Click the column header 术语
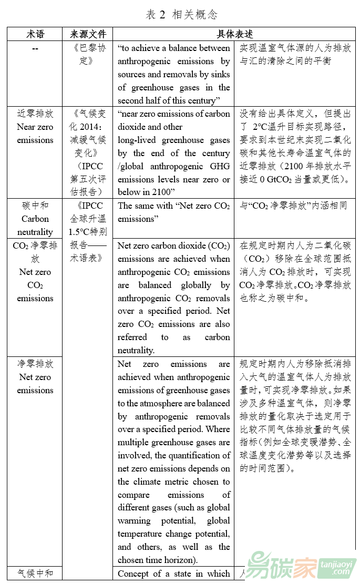(x=35, y=34)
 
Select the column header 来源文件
(x=88, y=34)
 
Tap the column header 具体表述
(x=234, y=34)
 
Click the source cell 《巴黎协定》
(x=88, y=55)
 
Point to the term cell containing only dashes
(x=35, y=48)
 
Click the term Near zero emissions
(x=35, y=134)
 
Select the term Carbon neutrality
(x=35, y=226)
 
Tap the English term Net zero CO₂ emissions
(x=35, y=285)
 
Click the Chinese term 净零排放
(x=35, y=364)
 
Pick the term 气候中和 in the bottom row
(x=35, y=573)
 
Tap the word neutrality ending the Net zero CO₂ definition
(x=136, y=350)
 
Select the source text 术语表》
(x=88, y=258)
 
